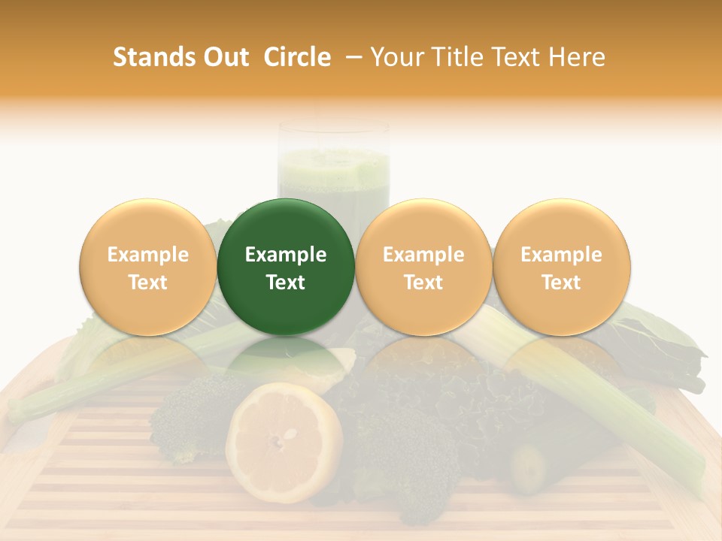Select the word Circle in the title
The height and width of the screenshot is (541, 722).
coord(297,57)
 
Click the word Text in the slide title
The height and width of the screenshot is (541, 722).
coord(518,57)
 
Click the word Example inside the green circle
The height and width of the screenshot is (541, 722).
coord(285,255)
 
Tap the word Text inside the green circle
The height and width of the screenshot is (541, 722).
coord(285,282)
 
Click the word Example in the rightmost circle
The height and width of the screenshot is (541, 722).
coord(561,255)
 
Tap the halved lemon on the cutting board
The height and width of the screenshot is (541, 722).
coord(284,441)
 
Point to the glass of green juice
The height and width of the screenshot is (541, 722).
coord(334,169)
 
